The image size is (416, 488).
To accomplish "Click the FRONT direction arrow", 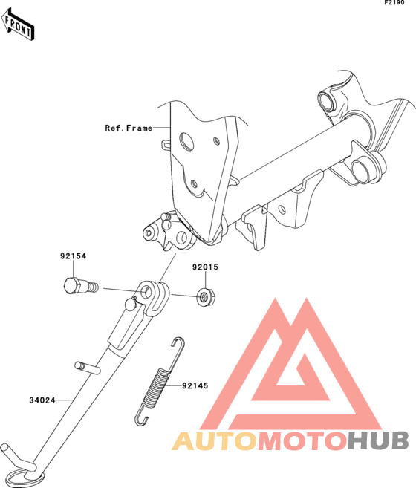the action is click(18, 25).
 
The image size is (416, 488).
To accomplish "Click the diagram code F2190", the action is click(394, 3).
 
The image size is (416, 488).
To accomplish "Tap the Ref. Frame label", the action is click(129, 128).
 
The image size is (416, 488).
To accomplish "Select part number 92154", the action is click(74, 256).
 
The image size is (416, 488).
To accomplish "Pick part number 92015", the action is click(205, 267).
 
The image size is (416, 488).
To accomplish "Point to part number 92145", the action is click(195, 385).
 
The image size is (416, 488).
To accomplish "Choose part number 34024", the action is click(42, 400).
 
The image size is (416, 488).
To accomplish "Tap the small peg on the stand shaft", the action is click(88, 367).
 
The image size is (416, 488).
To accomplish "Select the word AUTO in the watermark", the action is click(215, 441).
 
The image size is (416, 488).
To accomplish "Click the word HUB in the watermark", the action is click(377, 440).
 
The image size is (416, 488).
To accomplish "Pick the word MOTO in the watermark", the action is click(302, 441).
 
